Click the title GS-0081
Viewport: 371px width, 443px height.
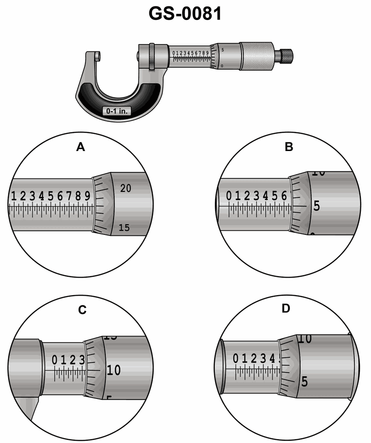click(185, 14)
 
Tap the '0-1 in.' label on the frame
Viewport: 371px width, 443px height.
click(116, 111)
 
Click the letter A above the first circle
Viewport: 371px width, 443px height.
click(81, 147)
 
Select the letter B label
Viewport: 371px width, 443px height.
click(288, 147)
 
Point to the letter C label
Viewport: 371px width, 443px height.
click(82, 310)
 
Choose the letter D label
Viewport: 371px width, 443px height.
click(286, 308)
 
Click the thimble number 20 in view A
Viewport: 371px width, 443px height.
click(126, 188)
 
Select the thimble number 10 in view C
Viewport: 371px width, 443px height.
click(114, 370)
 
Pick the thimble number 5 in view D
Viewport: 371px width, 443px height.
click(305, 382)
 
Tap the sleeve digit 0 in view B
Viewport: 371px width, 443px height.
click(229, 196)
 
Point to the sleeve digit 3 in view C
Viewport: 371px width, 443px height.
click(82, 360)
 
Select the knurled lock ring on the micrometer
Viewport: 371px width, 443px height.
click(152, 57)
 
